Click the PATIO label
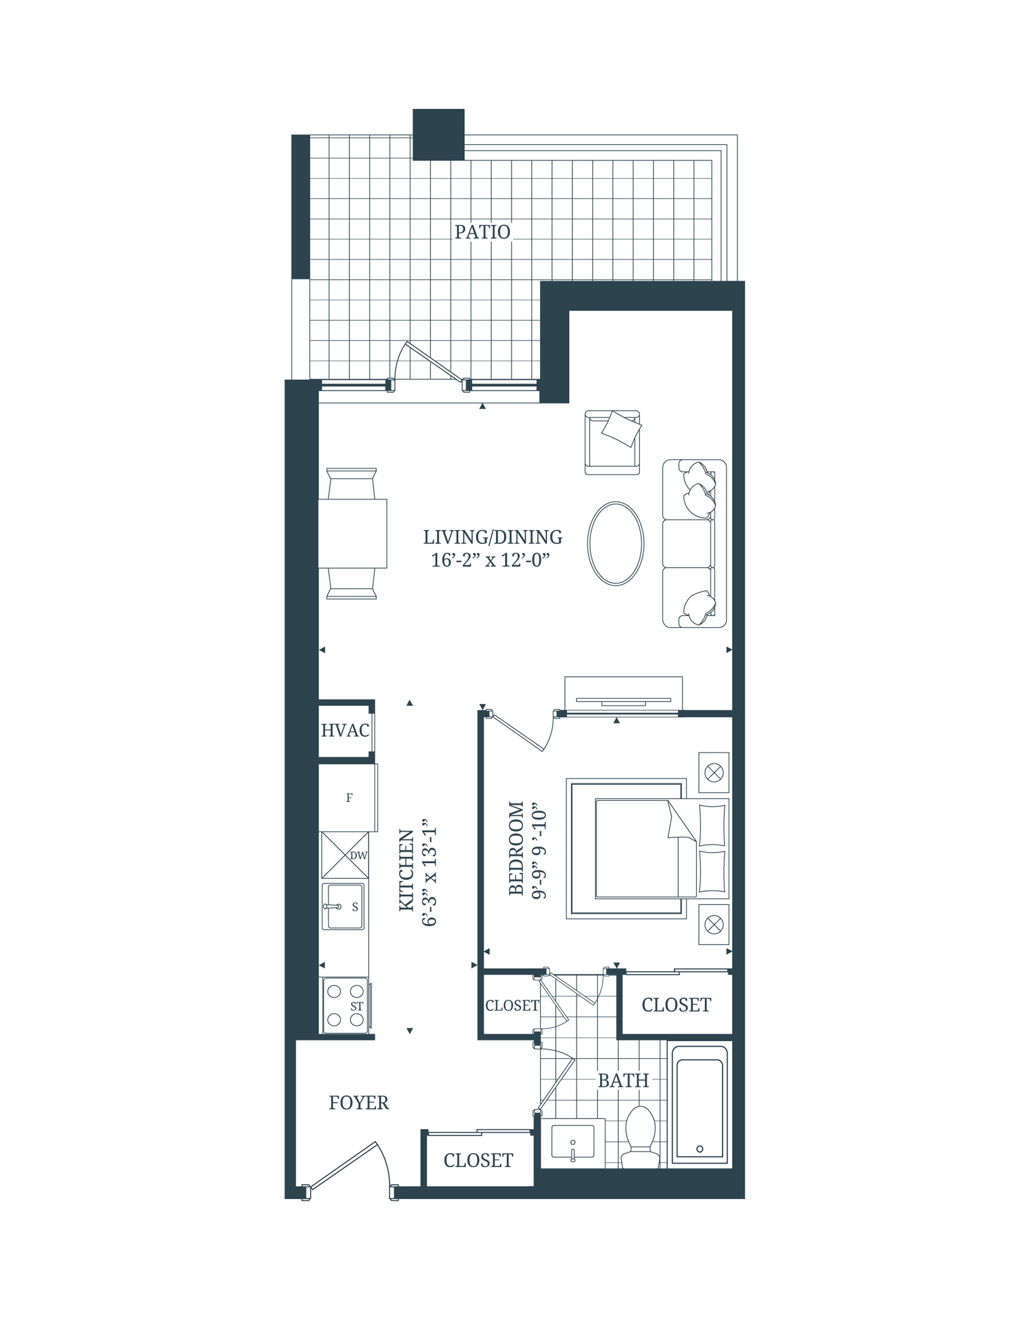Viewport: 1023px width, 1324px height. pyautogui.click(x=482, y=232)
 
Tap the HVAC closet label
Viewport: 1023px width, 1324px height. pyautogui.click(x=345, y=730)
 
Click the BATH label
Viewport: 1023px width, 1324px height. pyautogui.click(x=623, y=1080)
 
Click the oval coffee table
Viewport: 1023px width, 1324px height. pyautogui.click(x=616, y=543)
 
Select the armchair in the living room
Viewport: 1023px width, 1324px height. pyautogui.click(x=612, y=442)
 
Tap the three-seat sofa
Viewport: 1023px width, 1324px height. pyautogui.click(x=694, y=543)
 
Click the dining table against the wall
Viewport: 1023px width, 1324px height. pyautogui.click(x=352, y=533)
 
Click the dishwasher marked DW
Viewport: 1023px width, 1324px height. pyautogui.click(x=345, y=855)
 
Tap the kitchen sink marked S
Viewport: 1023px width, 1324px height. pyautogui.click(x=343, y=906)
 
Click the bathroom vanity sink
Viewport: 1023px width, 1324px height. pyautogui.click(x=572, y=1141)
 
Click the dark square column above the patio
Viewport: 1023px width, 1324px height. pyautogui.click(x=438, y=135)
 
